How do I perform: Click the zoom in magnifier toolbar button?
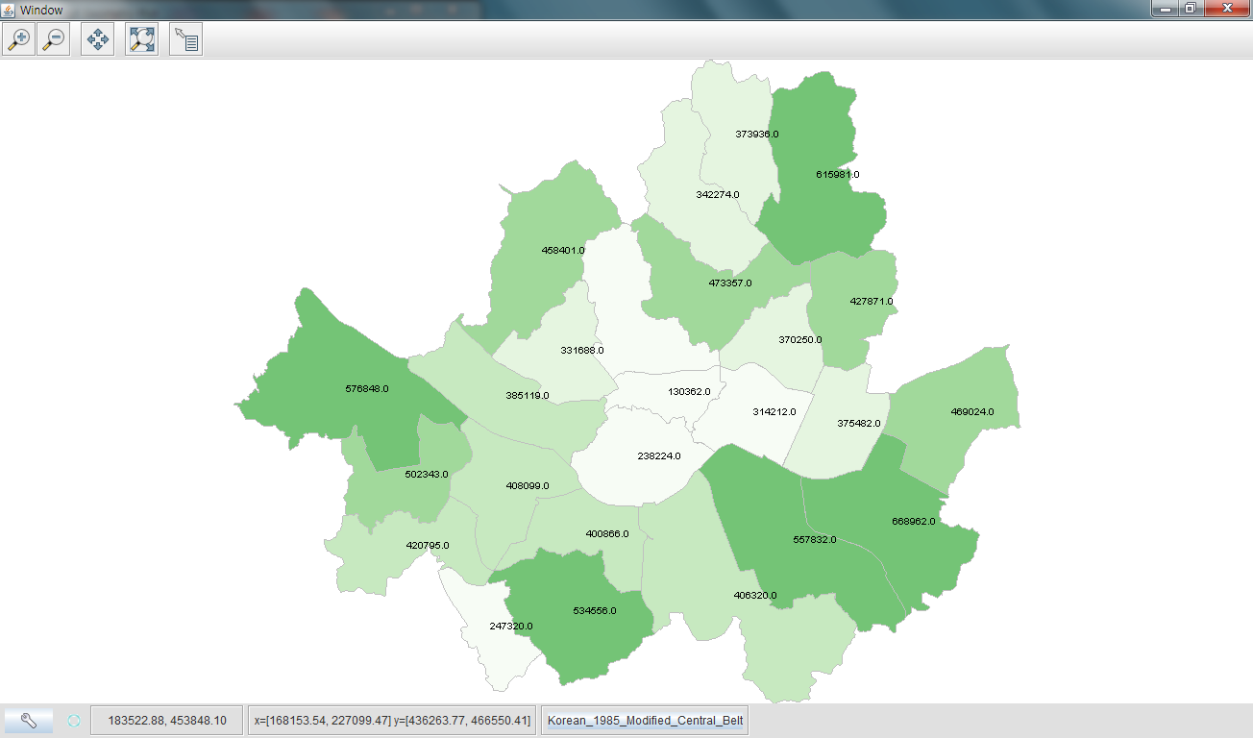pyautogui.click(x=18, y=39)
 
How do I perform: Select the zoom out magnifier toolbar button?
pyautogui.click(x=53, y=39)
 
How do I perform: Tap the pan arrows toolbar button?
pyautogui.click(x=97, y=39)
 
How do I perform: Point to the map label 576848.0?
pyautogui.click(x=366, y=389)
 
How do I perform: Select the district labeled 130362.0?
pyautogui.click(x=689, y=392)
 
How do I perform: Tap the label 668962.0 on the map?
pyautogui.click(x=913, y=522)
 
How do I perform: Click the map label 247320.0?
pyautogui.click(x=510, y=627)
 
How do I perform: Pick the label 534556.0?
pyautogui.click(x=594, y=611)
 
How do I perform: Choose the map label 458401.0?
pyautogui.click(x=562, y=251)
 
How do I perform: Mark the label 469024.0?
pyautogui.click(x=971, y=412)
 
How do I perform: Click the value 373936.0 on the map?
pyautogui.click(x=756, y=135)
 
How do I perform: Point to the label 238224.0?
pyautogui.click(x=659, y=455)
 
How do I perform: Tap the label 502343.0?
pyautogui.click(x=427, y=475)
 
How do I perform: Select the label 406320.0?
pyautogui.click(x=754, y=596)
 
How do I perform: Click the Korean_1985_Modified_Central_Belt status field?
pyautogui.click(x=645, y=721)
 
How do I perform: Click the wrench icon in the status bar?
pyautogui.click(x=29, y=721)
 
